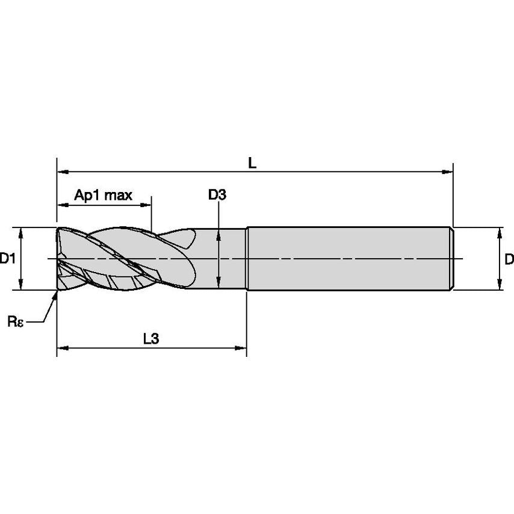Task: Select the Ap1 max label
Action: (103, 195)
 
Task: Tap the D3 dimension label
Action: (217, 194)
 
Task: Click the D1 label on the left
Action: (7, 259)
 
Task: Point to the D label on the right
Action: (509, 259)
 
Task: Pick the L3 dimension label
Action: (150, 338)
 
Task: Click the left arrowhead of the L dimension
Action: (61, 172)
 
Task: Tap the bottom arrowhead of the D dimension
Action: (499, 285)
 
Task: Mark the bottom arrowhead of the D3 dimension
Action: (218, 283)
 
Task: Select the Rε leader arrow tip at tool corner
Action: (57, 293)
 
